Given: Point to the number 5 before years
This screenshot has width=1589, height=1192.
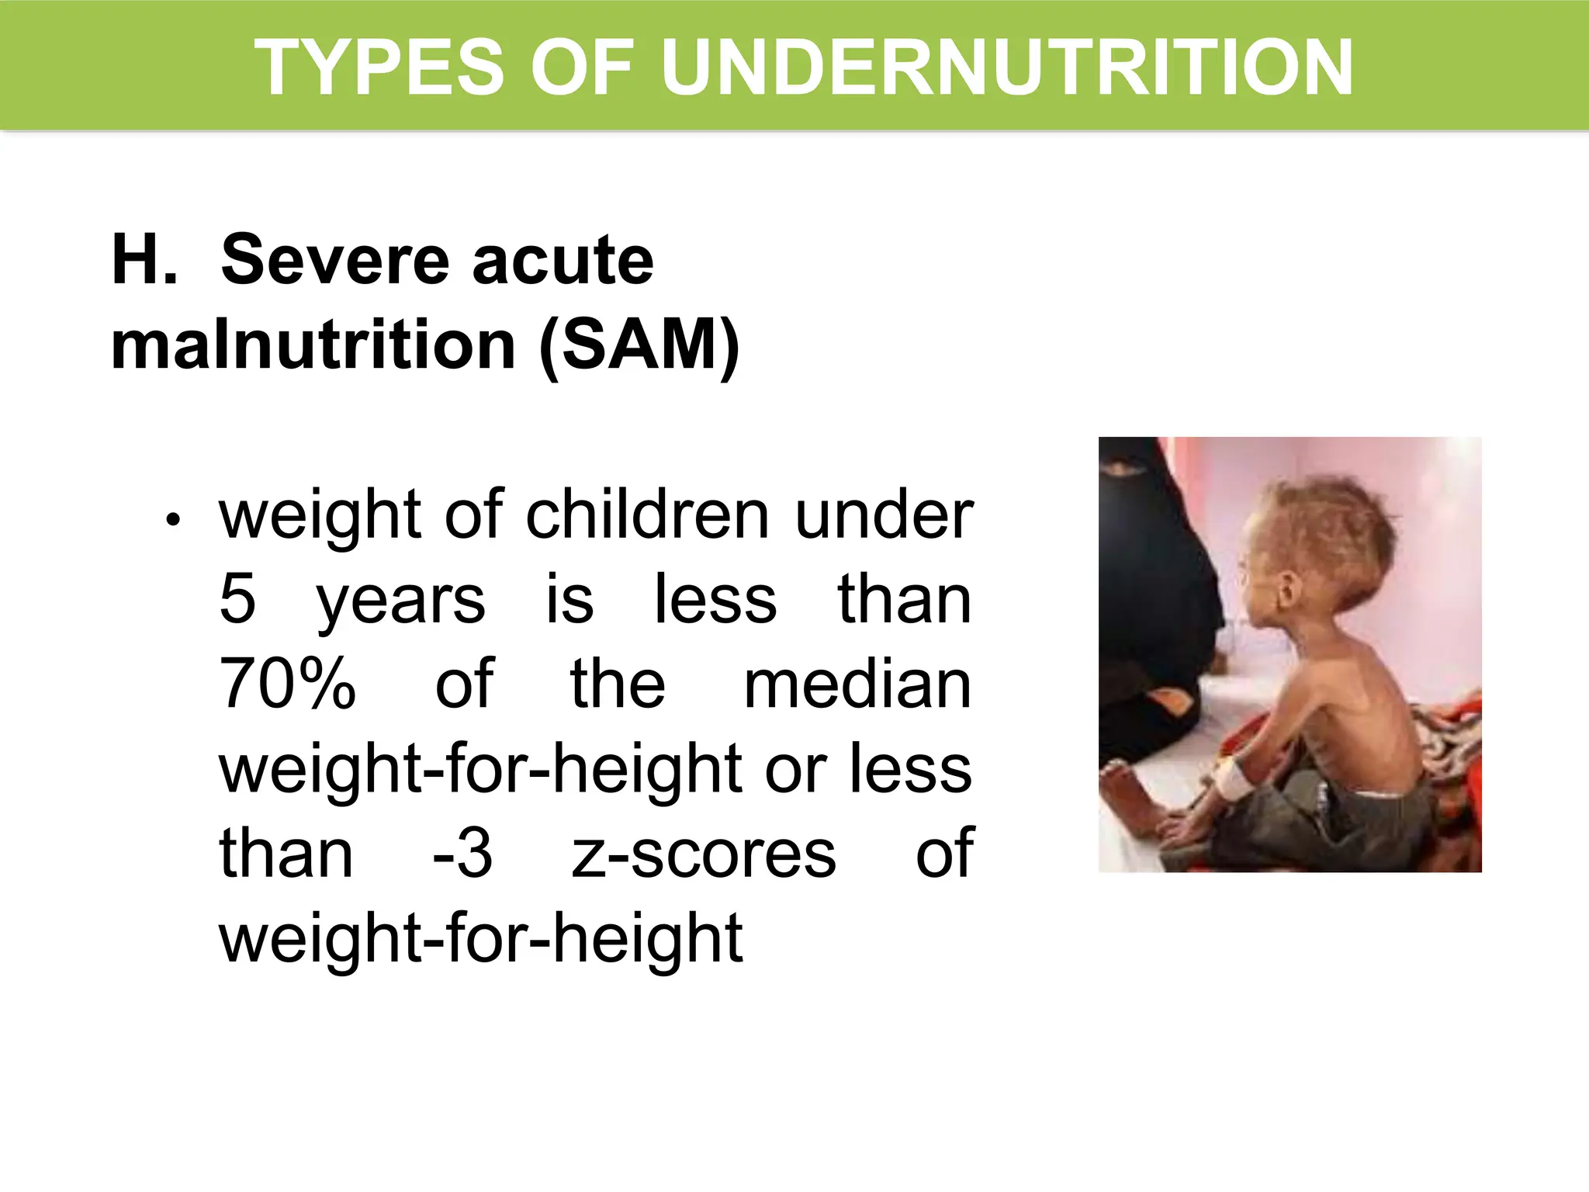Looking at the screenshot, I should point(237,599).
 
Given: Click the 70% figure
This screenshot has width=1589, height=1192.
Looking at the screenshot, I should point(287,684).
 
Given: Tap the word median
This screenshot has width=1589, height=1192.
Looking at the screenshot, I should point(857,684).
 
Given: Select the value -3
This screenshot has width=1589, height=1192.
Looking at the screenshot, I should point(462,853).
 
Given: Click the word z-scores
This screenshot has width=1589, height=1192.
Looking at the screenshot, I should point(704,853).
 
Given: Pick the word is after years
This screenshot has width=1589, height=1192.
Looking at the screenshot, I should point(569,599).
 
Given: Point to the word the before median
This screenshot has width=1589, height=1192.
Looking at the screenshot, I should point(618,684).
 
